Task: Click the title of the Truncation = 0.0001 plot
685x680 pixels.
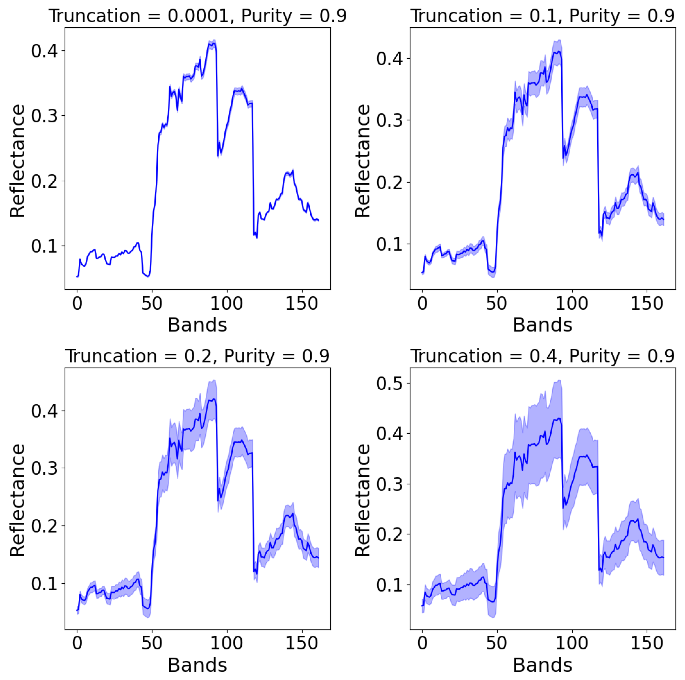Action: click(197, 16)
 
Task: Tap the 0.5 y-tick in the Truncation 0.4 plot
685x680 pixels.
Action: click(389, 383)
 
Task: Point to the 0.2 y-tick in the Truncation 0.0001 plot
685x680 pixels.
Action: click(44, 181)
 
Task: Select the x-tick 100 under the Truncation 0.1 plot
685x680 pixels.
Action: click(572, 304)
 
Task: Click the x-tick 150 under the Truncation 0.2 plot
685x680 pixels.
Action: click(301, 644)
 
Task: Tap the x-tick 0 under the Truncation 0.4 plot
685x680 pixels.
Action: click(422, 644)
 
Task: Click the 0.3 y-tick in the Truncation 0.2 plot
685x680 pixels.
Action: click(44, 468)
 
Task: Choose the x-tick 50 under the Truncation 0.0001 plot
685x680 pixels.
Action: click(152, 304)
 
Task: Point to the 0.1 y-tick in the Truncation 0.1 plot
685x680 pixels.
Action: click(389, 244)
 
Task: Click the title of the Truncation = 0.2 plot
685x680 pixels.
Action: click(197, 356)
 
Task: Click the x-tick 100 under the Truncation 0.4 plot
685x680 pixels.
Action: click(572, 644)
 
